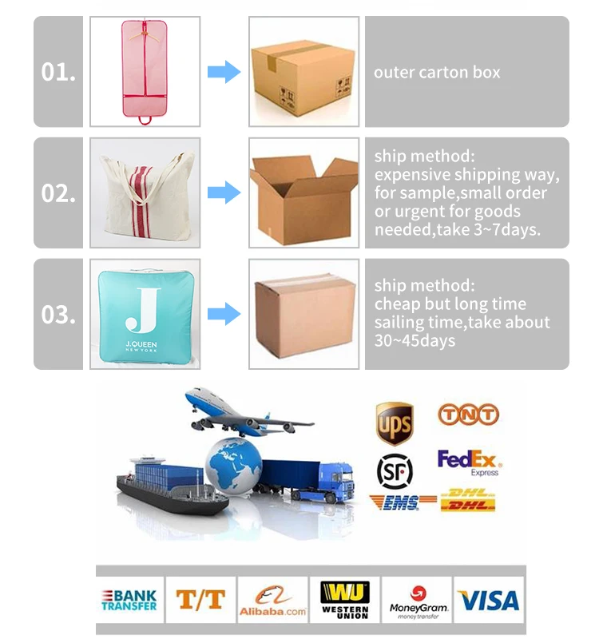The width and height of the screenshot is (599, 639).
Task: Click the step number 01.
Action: pos(58,72)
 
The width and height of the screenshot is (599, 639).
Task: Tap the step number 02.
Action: pos(58,193)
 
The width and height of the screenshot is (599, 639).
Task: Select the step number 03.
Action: pos(58,314)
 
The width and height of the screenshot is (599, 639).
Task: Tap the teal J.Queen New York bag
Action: pos(144,314)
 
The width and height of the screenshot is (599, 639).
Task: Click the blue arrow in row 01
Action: pos(224,73)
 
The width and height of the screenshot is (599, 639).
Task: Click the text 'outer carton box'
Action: pos(437,73)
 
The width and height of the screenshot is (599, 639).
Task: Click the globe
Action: pos(233,464)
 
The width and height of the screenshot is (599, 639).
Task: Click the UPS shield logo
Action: pos(395,423)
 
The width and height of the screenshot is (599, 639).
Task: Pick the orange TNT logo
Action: pos(468,414)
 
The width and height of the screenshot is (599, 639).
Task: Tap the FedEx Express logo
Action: pos(469,462)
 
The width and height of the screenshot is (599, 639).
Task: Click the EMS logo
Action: pos(403,502)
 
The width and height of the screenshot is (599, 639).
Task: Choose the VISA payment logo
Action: pos(488,601)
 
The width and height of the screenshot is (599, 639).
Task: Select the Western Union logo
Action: pos(345,600)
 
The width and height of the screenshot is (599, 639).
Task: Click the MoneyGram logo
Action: pos(418,600)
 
